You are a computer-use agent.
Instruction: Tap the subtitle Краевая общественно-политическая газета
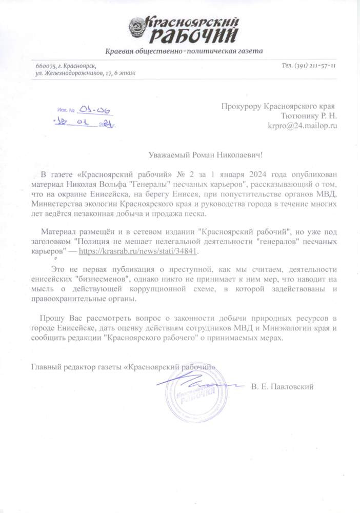[x=184, y=52]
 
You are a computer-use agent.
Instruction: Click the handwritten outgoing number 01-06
[x=97, y=111]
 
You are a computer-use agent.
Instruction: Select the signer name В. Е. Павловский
[x=282, y=386]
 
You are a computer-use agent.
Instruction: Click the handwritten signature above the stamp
[x=195, y=382]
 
